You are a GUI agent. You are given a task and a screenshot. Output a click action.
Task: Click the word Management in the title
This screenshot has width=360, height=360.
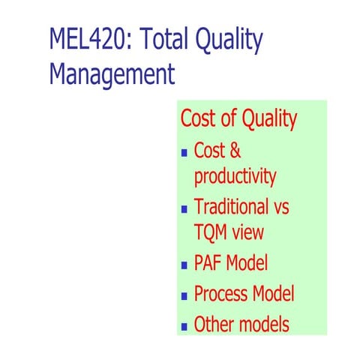pos(112,75)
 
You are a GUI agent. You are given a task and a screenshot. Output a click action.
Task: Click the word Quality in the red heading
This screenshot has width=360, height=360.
pos(266,120)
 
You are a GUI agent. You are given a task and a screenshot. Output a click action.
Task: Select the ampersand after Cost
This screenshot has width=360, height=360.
pos(235,150)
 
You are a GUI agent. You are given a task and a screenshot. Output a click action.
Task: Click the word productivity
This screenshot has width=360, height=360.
pos(235,178)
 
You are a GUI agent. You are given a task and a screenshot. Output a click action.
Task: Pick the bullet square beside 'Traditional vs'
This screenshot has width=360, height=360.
pos(185,208)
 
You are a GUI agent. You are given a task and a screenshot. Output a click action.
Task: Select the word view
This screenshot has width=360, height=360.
pos(247,232)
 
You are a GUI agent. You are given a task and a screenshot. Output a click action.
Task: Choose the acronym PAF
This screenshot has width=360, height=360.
pos(208,263)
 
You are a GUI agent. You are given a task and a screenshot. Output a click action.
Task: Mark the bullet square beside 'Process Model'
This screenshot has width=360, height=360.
pos(185,295)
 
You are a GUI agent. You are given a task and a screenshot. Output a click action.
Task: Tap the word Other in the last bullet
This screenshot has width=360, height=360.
pos(214,324)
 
